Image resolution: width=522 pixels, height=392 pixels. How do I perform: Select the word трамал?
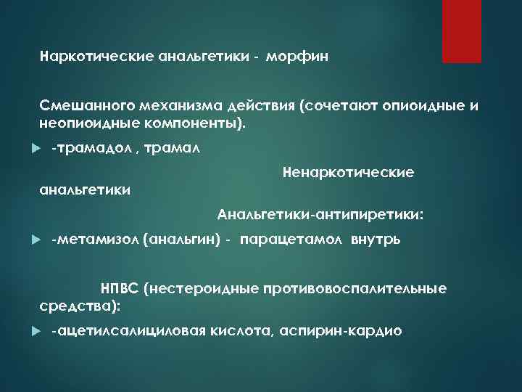(173, 148)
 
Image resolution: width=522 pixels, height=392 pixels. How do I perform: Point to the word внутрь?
(375, 240)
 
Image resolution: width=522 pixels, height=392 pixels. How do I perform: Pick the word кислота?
(239, 331)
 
